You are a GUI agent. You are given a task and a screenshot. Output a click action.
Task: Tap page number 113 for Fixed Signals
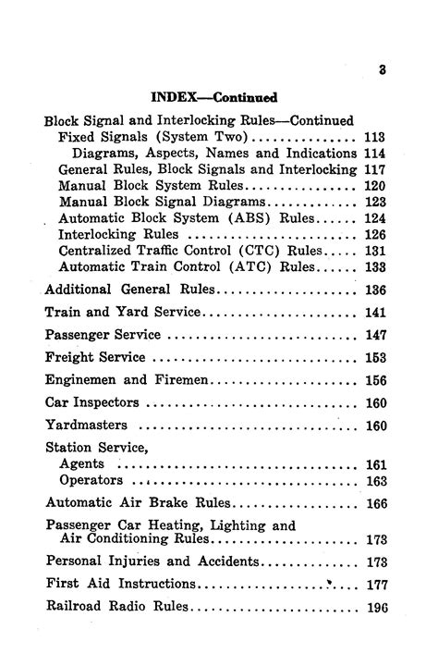374,137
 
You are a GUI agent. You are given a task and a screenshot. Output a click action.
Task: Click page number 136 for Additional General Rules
374,290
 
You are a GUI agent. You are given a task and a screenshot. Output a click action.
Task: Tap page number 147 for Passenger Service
374,335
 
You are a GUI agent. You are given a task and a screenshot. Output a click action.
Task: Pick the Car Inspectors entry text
92,402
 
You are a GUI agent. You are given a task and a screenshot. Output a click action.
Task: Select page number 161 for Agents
374,465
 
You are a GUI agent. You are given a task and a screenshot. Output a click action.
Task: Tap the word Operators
91,481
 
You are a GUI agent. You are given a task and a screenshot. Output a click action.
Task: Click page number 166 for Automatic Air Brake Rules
374,504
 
